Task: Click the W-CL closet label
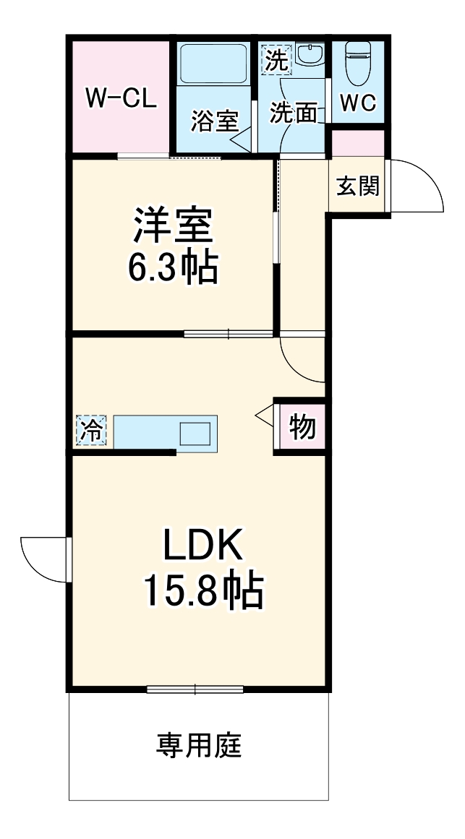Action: click(121, 98)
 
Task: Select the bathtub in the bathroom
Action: click(214, 65)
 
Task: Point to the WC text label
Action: click(358, 103)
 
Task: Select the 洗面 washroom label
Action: click(294, 113)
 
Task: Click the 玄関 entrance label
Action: click(357, 186)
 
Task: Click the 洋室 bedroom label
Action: click(172, 226)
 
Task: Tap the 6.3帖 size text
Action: click(172, 268)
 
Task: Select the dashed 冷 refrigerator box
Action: click(91, 431)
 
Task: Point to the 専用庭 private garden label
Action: click(199, 745)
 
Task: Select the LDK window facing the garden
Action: click(195, 689)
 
